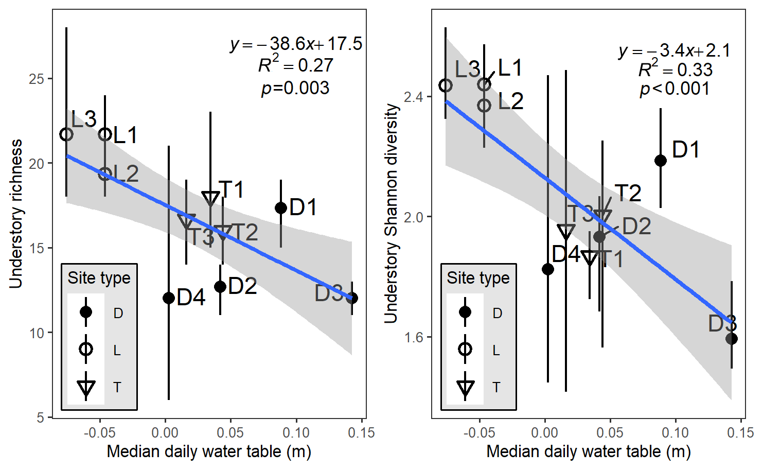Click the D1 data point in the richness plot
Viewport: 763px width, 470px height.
pyautogui.click(x=281, y=208)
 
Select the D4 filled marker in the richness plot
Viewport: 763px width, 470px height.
pyautogui.click(x=169, y=298)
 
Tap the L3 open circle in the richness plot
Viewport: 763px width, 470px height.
pyautogui.click(x=66, y=134)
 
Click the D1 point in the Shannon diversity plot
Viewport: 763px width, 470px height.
pyautogui.click(x=661, y=161)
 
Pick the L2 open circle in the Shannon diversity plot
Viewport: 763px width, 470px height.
pyautogui.click(x=484, y=106)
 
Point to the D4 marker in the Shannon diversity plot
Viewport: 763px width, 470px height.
pyautogui.click(x=548, y=269)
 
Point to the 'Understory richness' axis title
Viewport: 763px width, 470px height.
pyautogui.click(x=16, y=214)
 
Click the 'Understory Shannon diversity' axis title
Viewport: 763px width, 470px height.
pyautogui.click(x=392, y=214)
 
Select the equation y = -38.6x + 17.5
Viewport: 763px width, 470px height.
pyautogui.click(x=296, y=44)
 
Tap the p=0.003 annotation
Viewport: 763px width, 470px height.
pyautogui.click(x=295, y=88)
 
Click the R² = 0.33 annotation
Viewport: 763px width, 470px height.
pyautogui.click(x=675, y=69)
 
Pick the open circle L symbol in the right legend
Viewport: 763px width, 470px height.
pyautogui.click(x=465, y=350)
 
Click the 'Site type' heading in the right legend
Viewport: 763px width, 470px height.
pyautogui.click(x=478, y=278)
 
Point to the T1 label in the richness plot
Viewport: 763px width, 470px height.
pyautogui.click(x=232, y=189)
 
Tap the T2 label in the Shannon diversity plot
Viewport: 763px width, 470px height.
pyautogui.click(x=628, y=193)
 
